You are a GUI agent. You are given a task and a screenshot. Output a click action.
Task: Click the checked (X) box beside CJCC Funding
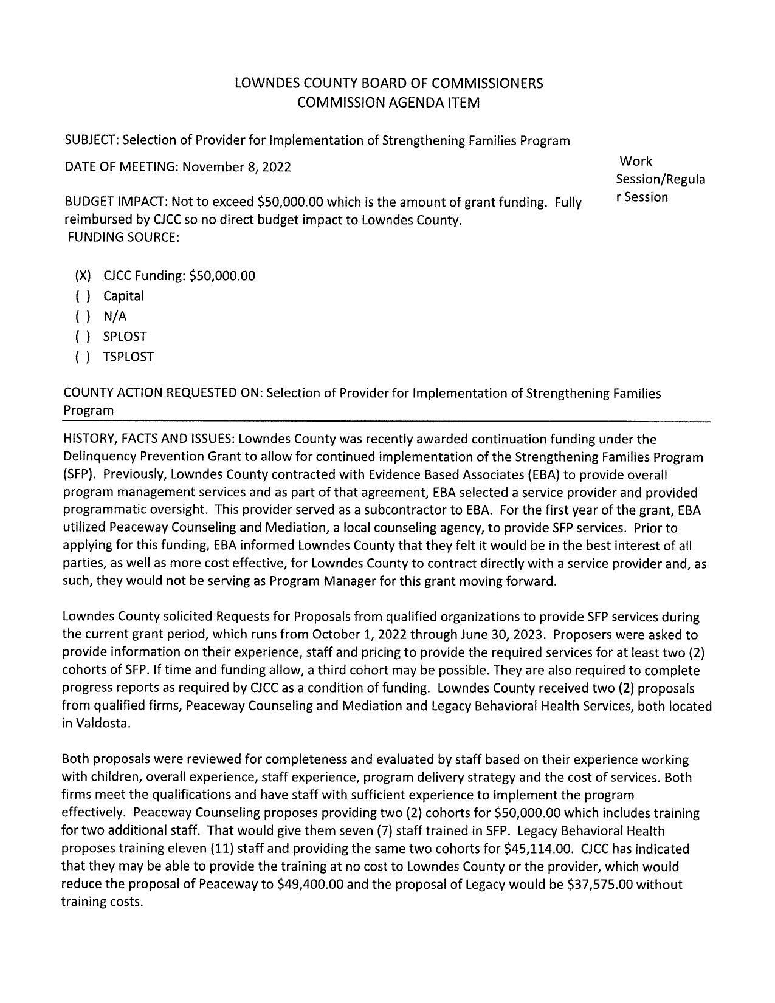pyautogui.click(x=83, y=276)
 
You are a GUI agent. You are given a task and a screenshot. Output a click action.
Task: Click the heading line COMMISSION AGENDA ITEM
pyautogui.click(x=388, y=103)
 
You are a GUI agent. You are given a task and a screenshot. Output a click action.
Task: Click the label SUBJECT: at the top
pyautogui.click(x=92, y=141)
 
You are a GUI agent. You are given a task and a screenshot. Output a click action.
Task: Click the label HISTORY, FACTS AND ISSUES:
pyautogui.click(x=150, y=439)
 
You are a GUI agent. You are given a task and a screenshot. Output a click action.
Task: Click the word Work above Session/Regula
pyautogui.click(x=636, y=162)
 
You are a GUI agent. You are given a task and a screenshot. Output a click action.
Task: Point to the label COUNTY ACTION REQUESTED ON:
pyautogui.click(x=163, y=393)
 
